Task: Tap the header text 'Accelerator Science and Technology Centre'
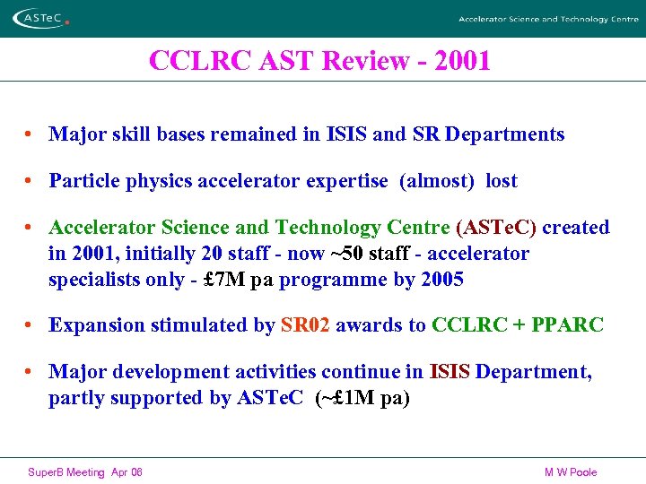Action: pyautogui.click(x=548, y=19)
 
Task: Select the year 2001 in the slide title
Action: pyautogui.click(x=459, y=61)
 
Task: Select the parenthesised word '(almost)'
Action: pyautogui.click(x=437, y=181)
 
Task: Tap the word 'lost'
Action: pyautogui.click(x=502, y=181)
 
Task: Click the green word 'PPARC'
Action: pyautogui.click(x=567, y=325)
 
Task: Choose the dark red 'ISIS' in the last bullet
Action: pyautogui.click(x=450, y=372)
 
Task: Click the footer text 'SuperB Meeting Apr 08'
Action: pyautogui.click(x=85, y=472)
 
